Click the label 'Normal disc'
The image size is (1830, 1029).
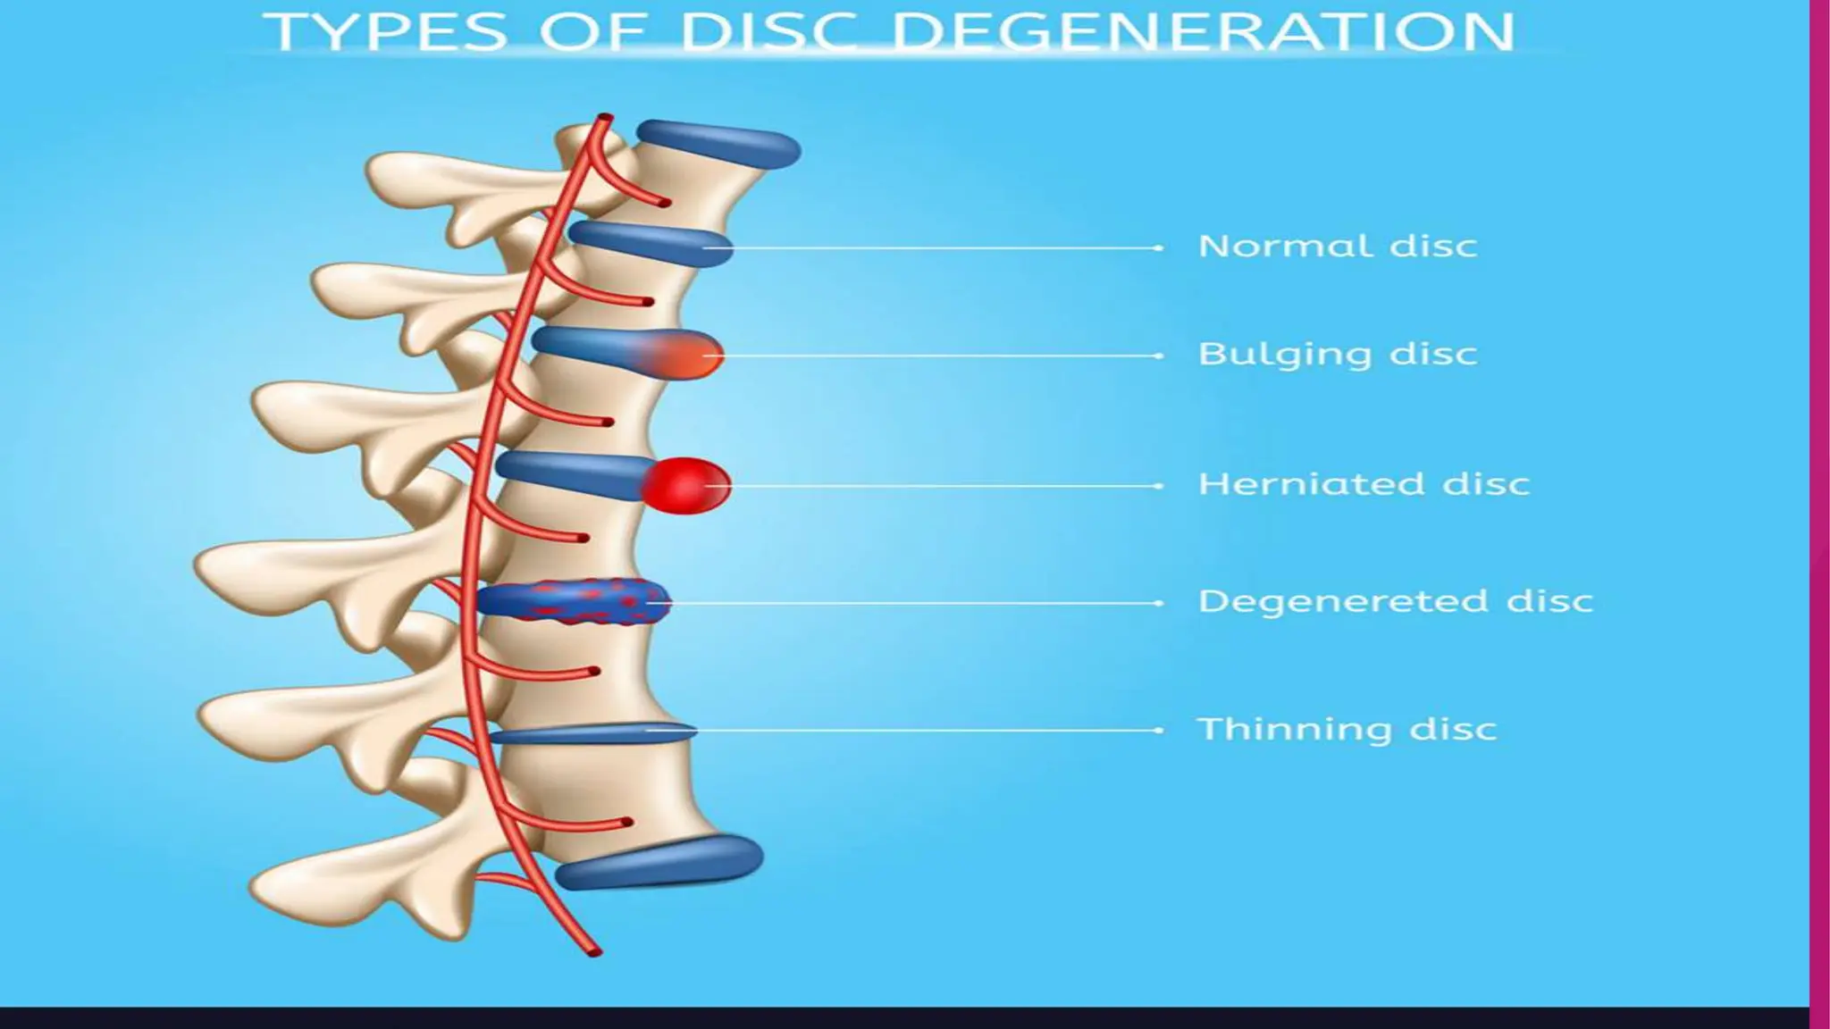click(x=1337, y=246)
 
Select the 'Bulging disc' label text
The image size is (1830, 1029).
click(x=1337, y=354)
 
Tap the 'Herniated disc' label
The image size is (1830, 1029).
click(x=1364, y=484)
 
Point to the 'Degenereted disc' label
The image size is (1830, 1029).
click(x=1395, y=601)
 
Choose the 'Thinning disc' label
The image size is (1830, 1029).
click(x=1347, y=729)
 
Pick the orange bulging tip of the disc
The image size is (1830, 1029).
click(x=684, y=355)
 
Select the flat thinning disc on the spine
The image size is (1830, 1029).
click(x=590, y=733)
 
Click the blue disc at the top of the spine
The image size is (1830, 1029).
click(x=718, y=144)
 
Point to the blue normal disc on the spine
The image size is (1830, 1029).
click(x=650, y=242)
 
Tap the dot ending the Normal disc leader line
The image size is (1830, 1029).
click(x=1159, y=247)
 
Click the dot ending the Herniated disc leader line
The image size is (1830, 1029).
click(x=1159, y=486)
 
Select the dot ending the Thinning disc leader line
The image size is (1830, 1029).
click(x=1159, y=730)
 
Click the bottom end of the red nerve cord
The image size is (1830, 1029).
click(x=594, y=951)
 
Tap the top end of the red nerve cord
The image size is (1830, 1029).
click(x=604, y=117)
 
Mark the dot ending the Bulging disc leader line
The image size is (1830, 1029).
click(x=1159, y=356)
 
